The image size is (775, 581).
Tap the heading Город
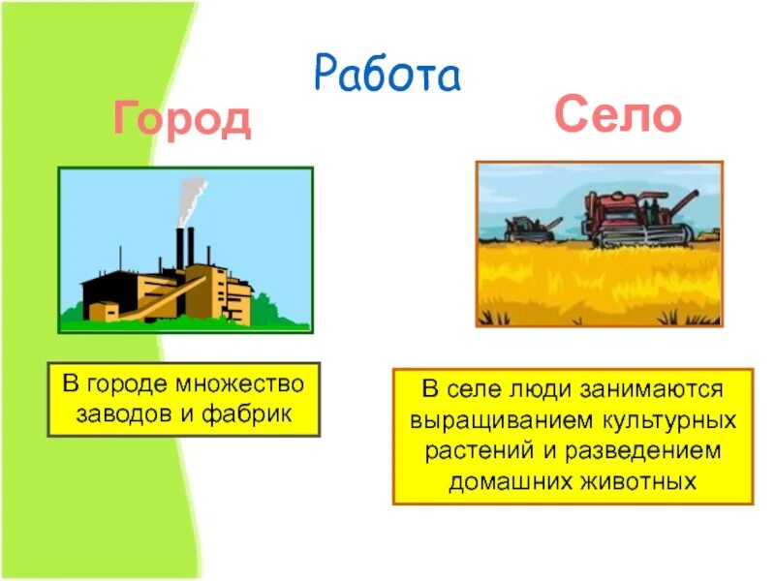(x=182, y=120)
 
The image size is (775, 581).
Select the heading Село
(x=618, y=116)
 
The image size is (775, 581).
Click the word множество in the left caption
(x=245, y=383)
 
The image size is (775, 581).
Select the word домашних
(x=505, y=481)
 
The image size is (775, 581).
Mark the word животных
(x=643, y=481)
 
